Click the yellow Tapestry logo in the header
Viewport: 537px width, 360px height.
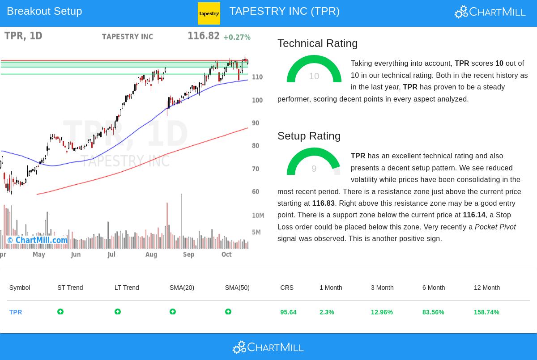point(209,13)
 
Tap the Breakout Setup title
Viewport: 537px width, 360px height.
point(44,11)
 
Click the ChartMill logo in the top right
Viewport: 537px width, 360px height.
point(490,12)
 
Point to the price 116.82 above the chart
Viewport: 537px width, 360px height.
point(204,36)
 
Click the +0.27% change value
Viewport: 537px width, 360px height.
point(237,37)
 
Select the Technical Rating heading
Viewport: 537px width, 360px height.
point(317,43)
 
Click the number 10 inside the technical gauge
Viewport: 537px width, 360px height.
point(314,76)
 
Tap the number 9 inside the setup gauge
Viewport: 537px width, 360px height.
point(314,169)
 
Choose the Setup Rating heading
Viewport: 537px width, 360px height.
point(309,136)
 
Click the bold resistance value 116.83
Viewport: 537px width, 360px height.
point(323,203)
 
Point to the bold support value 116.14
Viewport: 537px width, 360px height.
point(474,215)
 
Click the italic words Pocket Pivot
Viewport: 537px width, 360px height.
point(495,227)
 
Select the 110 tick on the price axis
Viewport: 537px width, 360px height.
point(257,77)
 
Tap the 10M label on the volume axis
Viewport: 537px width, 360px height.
point(258,216)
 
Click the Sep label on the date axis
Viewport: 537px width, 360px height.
point(189,254)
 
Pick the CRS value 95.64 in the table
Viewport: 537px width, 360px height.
point(288,312)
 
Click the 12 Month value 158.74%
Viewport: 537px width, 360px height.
point(486,312)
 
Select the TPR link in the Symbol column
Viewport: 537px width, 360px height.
point(16,312)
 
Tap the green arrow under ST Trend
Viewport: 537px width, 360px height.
point(60,312)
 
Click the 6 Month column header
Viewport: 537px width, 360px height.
point(433,288)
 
